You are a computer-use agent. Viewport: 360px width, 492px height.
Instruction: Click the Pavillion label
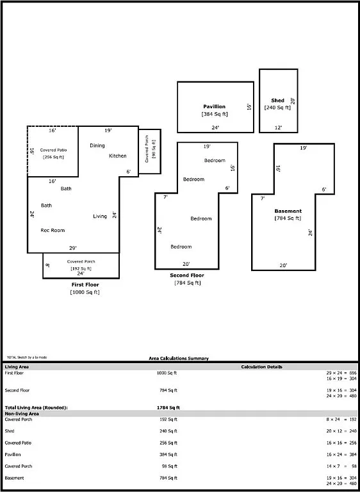coord(215,106)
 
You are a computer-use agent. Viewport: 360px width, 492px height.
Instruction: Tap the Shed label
coord(277,101)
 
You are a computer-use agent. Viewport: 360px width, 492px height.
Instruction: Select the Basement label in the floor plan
coord(288,211)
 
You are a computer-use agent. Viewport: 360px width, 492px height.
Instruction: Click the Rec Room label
coord(53,230)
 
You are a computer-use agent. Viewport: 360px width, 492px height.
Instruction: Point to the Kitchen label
coord(118,156)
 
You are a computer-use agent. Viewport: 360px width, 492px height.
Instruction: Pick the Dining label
coord(97,145)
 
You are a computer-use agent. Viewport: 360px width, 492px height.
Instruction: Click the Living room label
coord(100,217)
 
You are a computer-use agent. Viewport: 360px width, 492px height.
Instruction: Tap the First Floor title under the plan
coord(85,284)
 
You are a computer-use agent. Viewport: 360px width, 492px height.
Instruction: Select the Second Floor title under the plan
coord(187,275)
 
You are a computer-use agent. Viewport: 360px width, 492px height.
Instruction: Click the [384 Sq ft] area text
coord(215,114)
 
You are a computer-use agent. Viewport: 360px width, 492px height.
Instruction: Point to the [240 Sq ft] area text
coord(277,108)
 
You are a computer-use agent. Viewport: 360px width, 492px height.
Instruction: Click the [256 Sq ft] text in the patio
coord(53,157)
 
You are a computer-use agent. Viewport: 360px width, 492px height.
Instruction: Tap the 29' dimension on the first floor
coord(73,248)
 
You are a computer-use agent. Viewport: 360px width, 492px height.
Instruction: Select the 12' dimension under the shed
coord(278,128)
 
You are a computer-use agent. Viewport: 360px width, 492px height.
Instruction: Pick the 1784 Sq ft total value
coord(168,407)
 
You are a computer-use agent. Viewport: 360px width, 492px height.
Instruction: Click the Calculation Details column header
coord(261,367)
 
